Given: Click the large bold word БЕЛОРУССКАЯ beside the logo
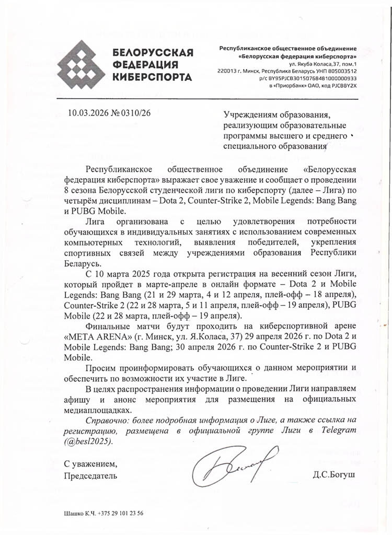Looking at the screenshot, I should (x=153, y=53).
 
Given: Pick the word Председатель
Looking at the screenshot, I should (x=90, y=476).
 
